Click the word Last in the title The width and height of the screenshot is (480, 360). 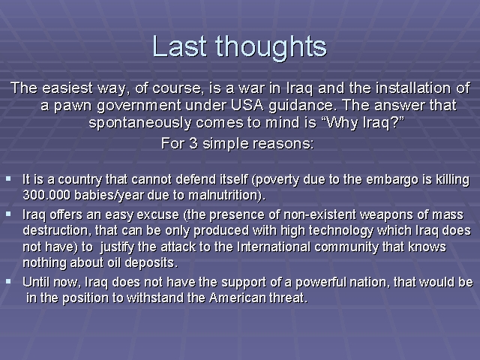180,46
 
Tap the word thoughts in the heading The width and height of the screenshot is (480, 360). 271,48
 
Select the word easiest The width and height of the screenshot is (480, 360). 67,88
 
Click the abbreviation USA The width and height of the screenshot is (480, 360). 247,105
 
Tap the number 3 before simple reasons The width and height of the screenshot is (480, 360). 193,143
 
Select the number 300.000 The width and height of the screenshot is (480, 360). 46,195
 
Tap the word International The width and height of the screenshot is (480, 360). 274,247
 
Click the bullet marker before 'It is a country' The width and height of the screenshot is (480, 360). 8,178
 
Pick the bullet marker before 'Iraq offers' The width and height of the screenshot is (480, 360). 8,214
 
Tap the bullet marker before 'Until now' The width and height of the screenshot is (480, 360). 8,281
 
